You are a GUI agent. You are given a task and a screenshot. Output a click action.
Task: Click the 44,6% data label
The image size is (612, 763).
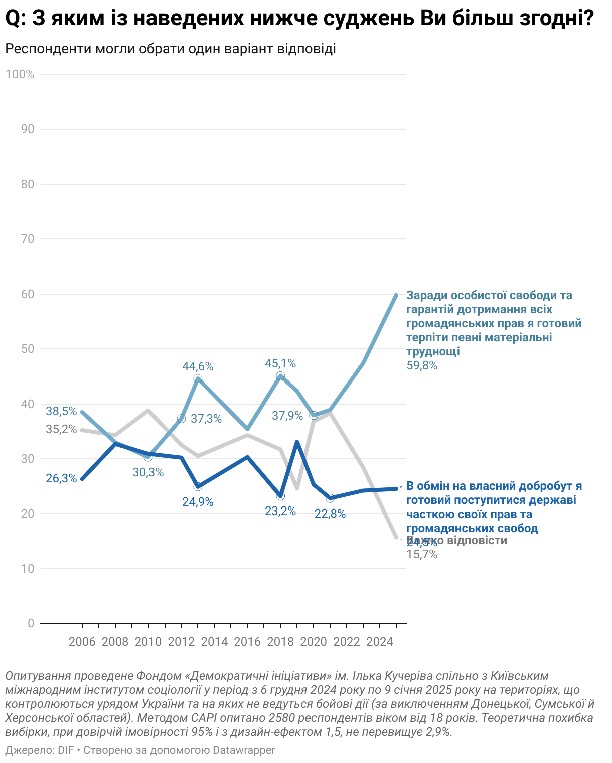click(x=198, y=366)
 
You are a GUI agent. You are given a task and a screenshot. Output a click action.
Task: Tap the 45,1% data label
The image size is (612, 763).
click(x=280, y=363)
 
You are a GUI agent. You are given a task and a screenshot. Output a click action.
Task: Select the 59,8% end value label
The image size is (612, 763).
click(x=422, y=366)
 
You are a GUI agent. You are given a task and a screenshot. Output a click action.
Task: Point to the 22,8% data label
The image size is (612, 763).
click(x=330, y=514)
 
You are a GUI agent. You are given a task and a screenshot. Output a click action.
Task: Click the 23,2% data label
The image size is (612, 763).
click(x=280, y=512)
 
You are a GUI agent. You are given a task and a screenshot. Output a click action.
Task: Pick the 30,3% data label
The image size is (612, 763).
click(x=148, y=472)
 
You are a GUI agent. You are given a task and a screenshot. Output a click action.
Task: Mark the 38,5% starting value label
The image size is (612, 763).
click(x=61, y=411)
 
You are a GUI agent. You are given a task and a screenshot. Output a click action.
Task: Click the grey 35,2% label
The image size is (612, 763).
click(x=61, y=430)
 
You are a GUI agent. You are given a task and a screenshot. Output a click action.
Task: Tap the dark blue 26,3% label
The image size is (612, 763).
click(x=61, y=478)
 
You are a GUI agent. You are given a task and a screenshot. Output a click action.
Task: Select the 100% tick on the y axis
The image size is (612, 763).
click(x=20, y=74)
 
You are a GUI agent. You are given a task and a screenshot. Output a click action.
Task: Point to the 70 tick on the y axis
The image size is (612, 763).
click(x=28, y=239)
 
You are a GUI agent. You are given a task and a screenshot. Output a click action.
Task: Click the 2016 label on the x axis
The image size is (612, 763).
click(x=247, y=642)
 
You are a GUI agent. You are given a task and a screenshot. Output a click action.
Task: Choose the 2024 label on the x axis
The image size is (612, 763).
click(x=380, y=642)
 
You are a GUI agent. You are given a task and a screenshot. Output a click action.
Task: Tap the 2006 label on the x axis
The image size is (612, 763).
click(x=82, y=642)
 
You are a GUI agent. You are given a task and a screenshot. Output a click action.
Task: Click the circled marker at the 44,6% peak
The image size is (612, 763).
click(x=198, y=379)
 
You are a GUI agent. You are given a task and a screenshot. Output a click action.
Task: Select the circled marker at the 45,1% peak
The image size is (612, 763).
click(x=280, y=376)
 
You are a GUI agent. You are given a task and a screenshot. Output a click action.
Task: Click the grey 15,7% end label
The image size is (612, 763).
click(x=422, y=555)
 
